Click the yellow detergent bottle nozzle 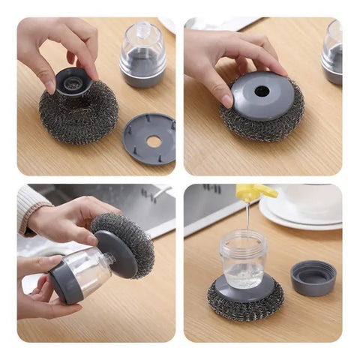(x=256, y=193)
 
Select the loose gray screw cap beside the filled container (x=313, y=277)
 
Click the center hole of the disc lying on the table (x=152, y=140)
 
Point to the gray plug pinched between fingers (x=73, y=81)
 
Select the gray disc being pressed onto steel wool (x=262, y=94)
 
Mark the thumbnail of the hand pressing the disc (x=226, y=100)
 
